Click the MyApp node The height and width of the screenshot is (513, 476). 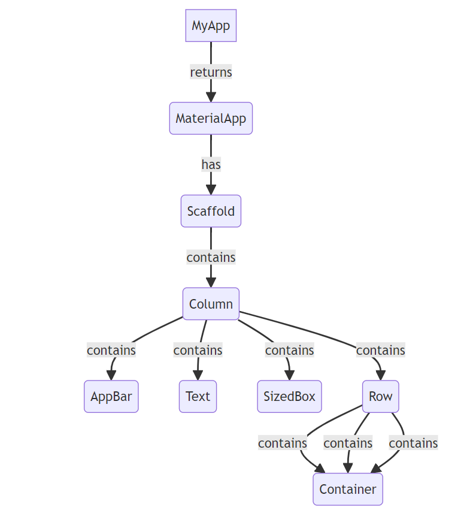pyautogui.click(x=211, y=26)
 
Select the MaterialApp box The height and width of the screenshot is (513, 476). pyautogui.click(x=211, y=119)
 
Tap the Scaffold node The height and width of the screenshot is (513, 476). pyautogui.click(x=211, y=211)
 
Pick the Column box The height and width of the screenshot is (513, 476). pyautogui.click(x=211, y=304)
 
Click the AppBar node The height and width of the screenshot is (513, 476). pyautogui.click(x=111, y=397)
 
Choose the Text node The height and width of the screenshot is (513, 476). pyautogui.click(x=198, y=397)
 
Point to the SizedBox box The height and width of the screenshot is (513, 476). pyautogui.click(x=289, y=397)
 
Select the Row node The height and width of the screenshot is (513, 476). pyautogui.click(x=380, y=397)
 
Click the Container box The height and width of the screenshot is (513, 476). pyautogui.click(x=347, y=489)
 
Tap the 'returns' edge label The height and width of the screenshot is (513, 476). pyautogui.click(x=211, y=73)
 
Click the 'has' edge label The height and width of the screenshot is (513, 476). pyautogui.click(x=211, y=165)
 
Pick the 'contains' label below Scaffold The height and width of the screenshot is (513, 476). pyautogui.click(x=211, y=258)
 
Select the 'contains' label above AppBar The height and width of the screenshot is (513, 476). pyautogui.click(x=111, y=350)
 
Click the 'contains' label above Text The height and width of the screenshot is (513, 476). pyautogui.click(x=198, y=350)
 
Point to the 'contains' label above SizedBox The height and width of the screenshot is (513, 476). pyautogui.click(x=289, y=350)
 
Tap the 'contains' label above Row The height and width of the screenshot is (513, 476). pyautogui.click(x=380, y=350)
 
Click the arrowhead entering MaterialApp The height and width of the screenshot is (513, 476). pyautogui.click(x=211, y=97)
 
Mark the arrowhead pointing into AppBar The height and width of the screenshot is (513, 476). pyautogui.click(x=111, y=375)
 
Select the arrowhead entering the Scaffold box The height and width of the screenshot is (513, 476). pyautogui.click(x=211, y=190)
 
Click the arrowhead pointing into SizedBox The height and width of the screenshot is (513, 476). pyautogui.click(x=290, y=375)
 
